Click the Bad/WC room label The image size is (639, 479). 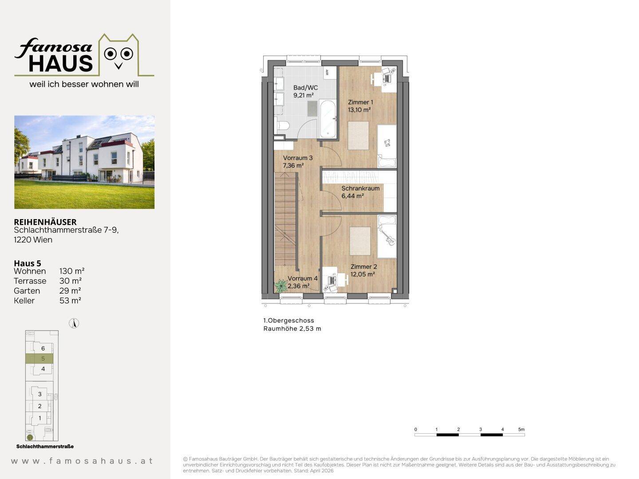[305, 87]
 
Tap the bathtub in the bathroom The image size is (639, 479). [328, 119]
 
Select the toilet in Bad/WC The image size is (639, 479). [282, 126]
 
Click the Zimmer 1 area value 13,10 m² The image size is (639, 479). [359, 110]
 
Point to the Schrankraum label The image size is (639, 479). [360, 188]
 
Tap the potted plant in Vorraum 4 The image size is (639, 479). [281, 286]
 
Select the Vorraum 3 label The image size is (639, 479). [297, 158]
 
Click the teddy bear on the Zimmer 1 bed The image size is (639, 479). [387, 143]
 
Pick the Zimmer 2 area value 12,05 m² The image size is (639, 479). [363, 274]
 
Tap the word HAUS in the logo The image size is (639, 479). [61, 63]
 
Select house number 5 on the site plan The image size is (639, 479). [43, 359]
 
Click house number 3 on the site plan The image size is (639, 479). [40, 394]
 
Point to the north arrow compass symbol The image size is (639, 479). [74, 323]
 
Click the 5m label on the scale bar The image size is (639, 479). [521, 429]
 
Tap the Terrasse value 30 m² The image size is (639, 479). [71, 281]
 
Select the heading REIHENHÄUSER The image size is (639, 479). [45, 222]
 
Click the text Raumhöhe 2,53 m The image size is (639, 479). [292, 329]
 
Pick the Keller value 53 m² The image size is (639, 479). [70, 300]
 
